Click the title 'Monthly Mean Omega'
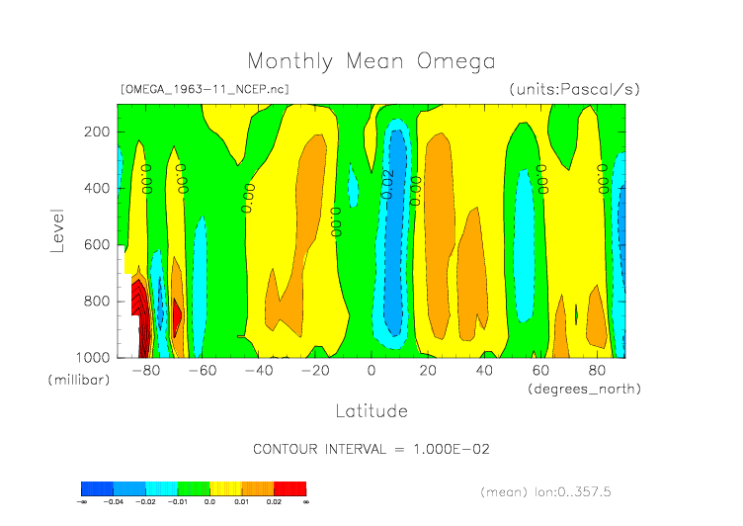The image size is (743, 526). (371, 62)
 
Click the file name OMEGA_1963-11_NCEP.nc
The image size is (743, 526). (204, 89)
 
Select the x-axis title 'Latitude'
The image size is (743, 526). (371, 409)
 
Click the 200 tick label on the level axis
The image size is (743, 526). (96, 131)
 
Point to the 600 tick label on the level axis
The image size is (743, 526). (96, 244)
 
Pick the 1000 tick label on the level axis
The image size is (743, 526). (92, 357)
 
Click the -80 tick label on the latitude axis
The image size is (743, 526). (146, 371)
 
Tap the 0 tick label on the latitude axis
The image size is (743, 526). (371, 371)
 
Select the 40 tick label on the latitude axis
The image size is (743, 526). (484, 371)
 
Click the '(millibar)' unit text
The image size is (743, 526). (78, 380)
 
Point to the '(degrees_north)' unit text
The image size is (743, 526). (585, 389)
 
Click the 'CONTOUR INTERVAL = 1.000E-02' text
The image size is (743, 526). (371, 449)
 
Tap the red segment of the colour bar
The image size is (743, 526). (290, 488)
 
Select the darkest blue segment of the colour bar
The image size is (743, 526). (97, 488)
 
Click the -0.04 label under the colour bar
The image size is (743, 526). (114, 502)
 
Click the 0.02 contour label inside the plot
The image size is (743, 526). (388, 184)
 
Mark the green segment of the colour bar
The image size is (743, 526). (194, 488)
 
